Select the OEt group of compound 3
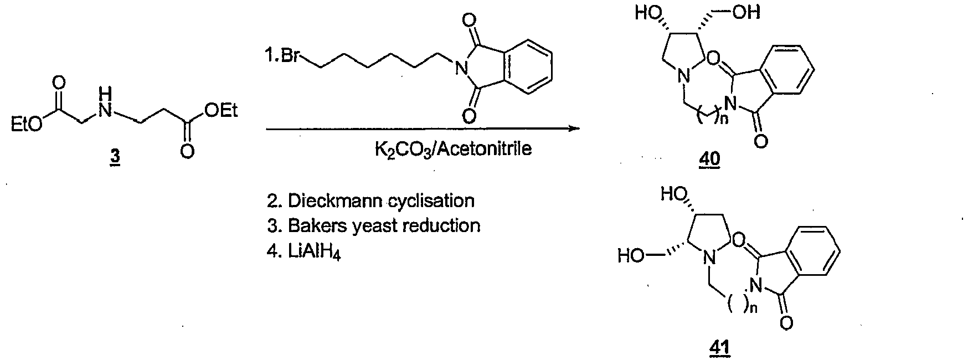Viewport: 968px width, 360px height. (220, 112)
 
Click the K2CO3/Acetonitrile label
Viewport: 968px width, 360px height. (453, 150)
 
